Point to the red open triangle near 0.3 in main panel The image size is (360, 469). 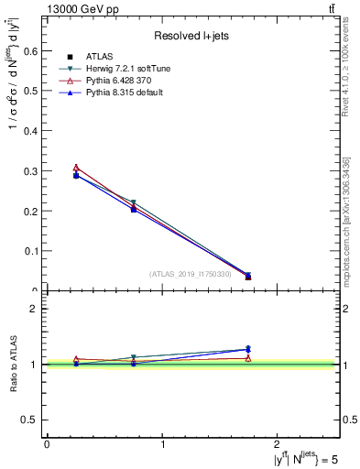76,168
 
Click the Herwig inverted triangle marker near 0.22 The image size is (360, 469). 134,202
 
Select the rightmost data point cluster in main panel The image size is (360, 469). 248,276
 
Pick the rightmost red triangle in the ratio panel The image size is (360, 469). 248,358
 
